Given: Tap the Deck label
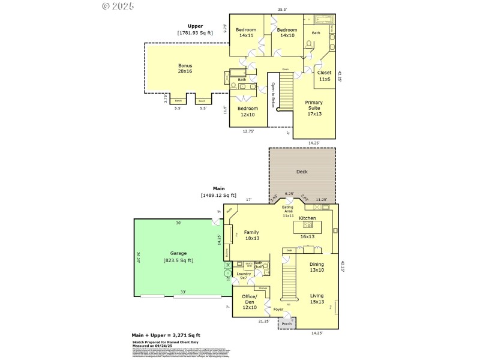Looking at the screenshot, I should (x=302, y=172).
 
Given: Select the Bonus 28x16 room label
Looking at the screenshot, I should (x=185, y=68).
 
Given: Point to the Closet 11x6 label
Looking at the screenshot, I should (x=324, y=76).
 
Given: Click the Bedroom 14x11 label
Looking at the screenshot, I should (x=246, y=33).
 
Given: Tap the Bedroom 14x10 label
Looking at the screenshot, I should (x=287, y=33).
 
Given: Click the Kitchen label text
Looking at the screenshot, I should (x=308, y=218).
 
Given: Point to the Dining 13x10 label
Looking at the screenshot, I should (x=317, y=267).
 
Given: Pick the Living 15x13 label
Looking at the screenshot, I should (x=317, y=298).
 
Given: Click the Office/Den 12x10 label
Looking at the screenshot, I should (x=249, y=302).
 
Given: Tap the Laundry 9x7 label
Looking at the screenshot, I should (x=244, y=276).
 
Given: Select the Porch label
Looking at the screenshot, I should (x=287, y=324).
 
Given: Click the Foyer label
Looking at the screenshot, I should (x=278, y=310).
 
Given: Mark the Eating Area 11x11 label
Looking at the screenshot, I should (x=289, y=211).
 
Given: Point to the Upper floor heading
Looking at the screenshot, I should (x=195, y=26).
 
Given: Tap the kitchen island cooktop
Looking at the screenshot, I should (x=308, y=225).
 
